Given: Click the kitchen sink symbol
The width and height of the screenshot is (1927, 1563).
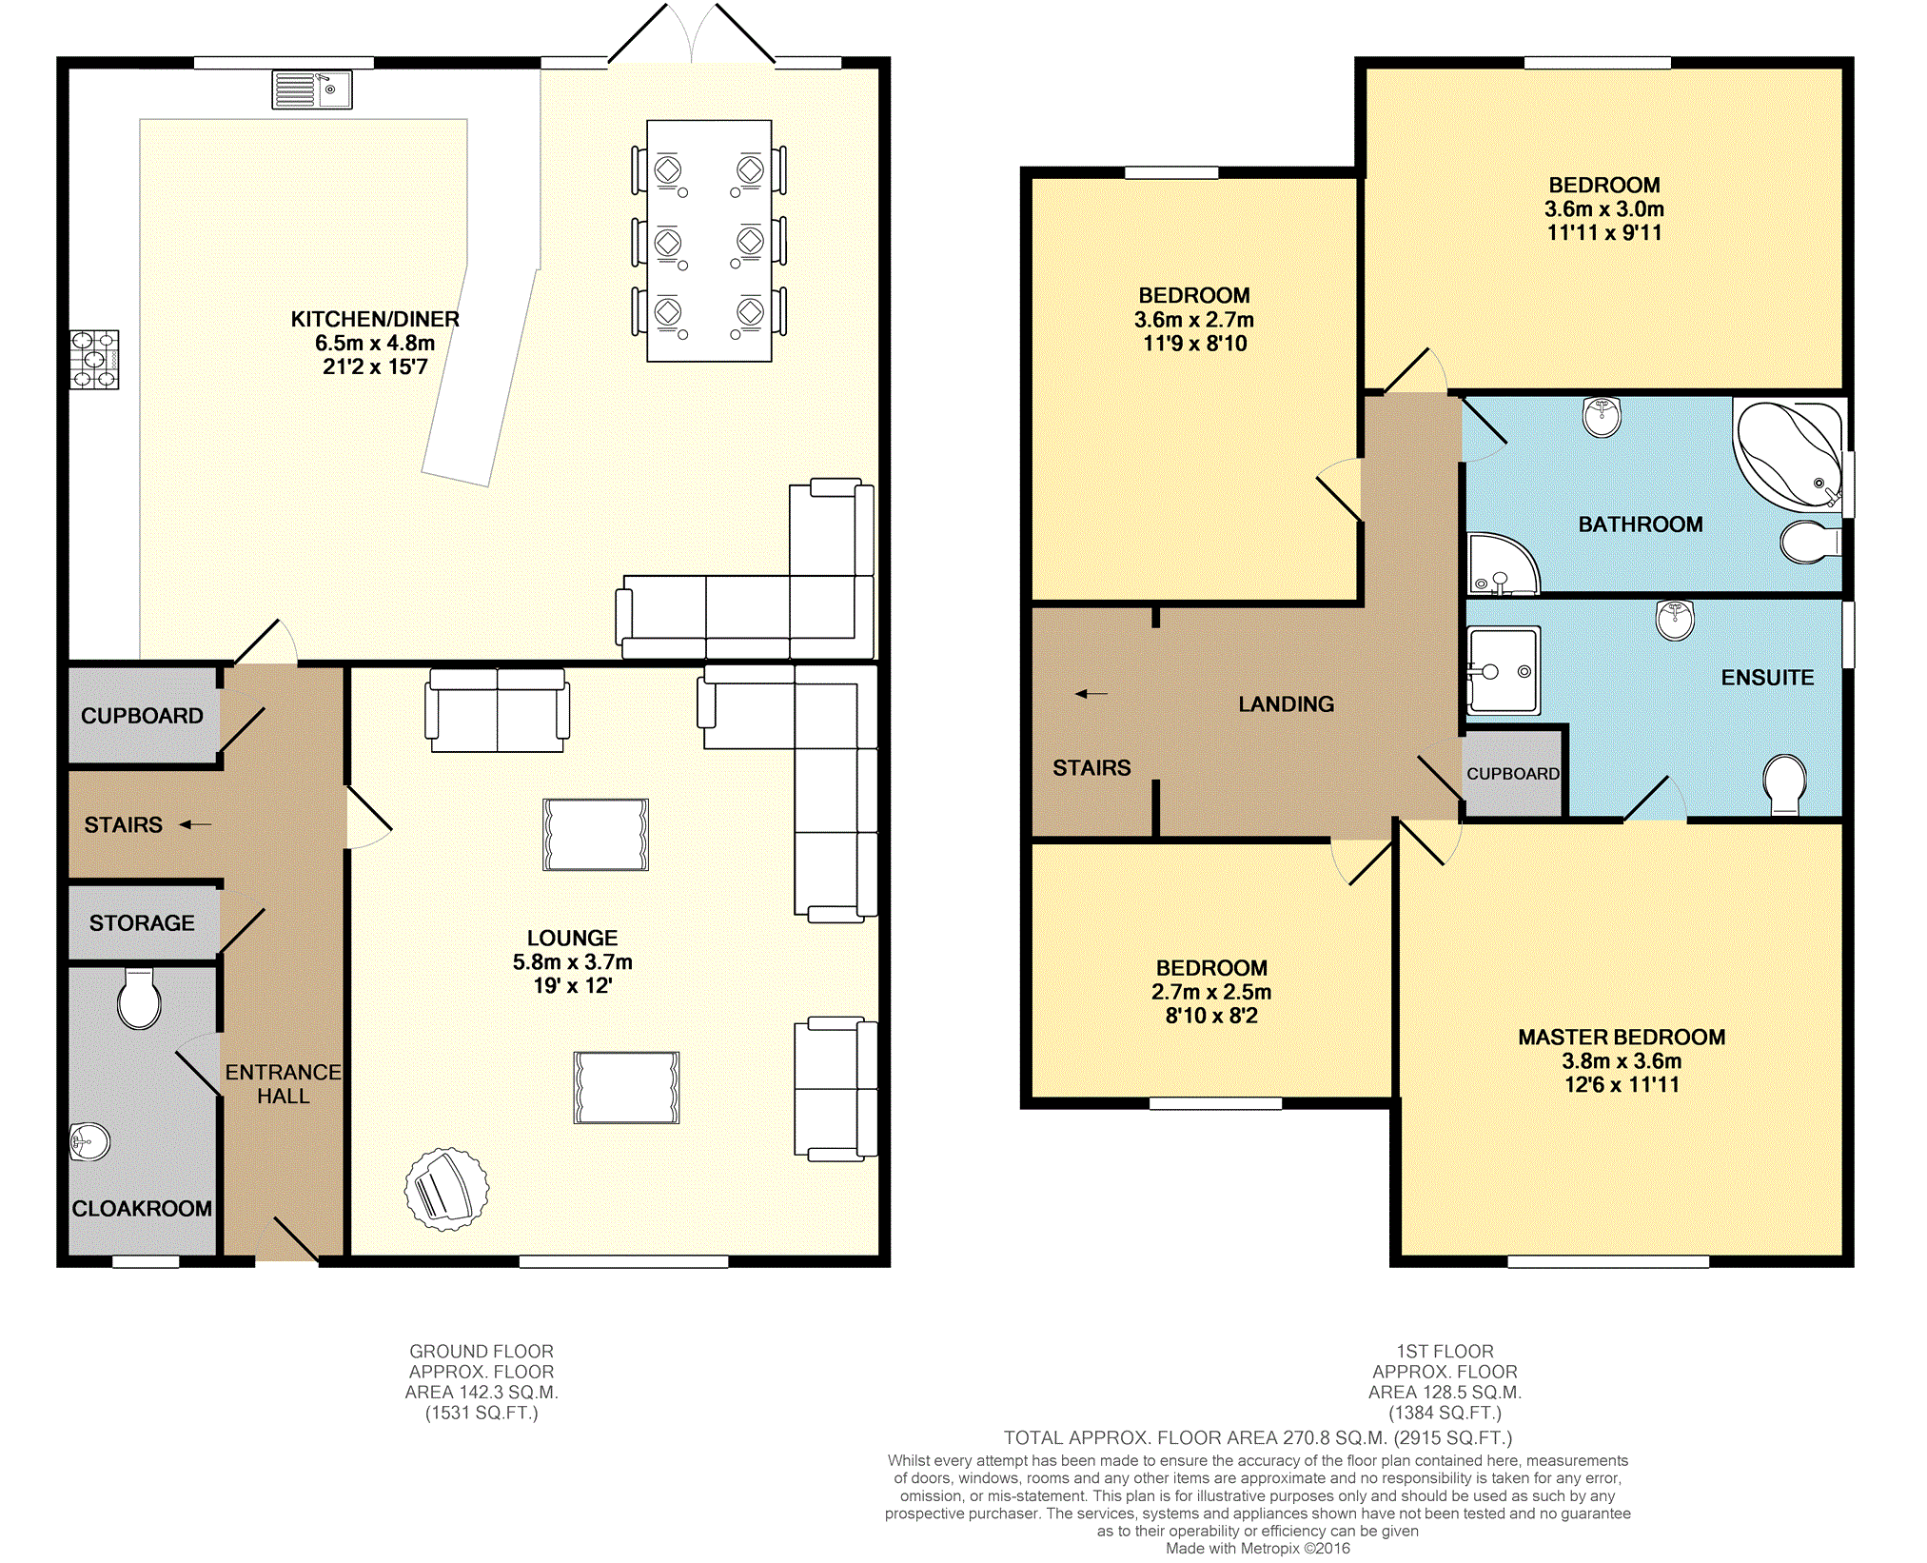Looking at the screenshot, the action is pyautogui.click(x=312, y=89).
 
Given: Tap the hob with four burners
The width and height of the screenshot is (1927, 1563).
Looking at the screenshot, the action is pyautogui.click(x=94, y=359).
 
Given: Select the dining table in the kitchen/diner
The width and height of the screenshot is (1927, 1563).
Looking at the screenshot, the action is pyautogui.click(x=709, y=241).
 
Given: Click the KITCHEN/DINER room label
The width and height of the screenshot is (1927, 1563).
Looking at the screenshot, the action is pyautogui.click(x=375, y=319).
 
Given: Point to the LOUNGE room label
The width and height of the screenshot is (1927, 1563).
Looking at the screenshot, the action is pyautogui.click(x=573, y=938).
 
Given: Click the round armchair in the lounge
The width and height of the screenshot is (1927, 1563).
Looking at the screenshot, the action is pyautogui.click(x=446, y=1189).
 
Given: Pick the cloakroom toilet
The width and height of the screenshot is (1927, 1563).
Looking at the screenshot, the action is pyautogui.click(x=139, y=999).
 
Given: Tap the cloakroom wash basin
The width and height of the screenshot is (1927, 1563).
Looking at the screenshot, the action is pyautogui.click(x=89, y=1142).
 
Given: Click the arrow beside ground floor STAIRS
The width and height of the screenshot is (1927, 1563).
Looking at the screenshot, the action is pyautogui.click(x=195, y=824).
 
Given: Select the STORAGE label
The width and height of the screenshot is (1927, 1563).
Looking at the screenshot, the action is pyautogui.click(x=142, y=922).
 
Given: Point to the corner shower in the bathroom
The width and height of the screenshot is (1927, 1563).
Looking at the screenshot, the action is pyautogui.click(x=1502, y=564).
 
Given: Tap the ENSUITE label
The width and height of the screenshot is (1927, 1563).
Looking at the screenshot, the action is pyautogui.click(x=1767, y=677).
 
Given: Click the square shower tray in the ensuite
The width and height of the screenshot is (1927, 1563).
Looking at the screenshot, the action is pyautogui.click(x=1504, y=670).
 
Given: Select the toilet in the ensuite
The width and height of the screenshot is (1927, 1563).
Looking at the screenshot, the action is pyautogui.click(x=1784, y=784).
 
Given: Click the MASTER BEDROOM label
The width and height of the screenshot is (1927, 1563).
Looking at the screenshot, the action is pyautogui.click(x=1622, y=1037).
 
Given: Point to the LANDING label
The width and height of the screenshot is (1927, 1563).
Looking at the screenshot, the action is pyautogui.click(x=1286, y=703).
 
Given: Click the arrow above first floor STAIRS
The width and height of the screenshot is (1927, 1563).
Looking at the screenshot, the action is pyautogui.click(x=1091, y=694).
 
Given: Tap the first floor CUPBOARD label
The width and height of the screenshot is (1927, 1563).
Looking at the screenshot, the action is pyautogui.click(x=1513, y=774).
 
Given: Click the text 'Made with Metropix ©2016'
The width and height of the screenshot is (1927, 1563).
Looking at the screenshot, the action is pyautogui.click(x=1258, y=1548).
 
